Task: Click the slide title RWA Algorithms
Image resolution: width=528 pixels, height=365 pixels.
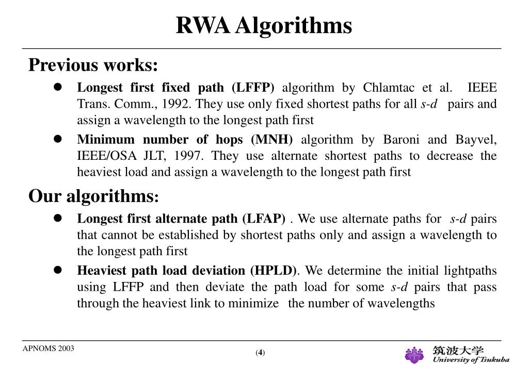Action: click(x=264, y=25)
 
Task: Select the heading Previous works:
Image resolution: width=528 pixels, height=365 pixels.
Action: click(x=93, y=65)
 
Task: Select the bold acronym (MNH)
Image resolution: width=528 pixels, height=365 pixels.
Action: click(x=271, y=140)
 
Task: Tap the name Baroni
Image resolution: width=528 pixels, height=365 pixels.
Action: click(x=400, y=140)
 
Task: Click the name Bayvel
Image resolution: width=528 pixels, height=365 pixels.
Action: click(x=476, y=140)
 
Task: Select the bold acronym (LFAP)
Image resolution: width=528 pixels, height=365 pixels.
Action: click(x=263, y=219)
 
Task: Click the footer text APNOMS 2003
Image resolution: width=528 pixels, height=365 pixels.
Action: click(x=48, y=349)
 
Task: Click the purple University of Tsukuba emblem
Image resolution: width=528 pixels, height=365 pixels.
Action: click(x=414, y=355)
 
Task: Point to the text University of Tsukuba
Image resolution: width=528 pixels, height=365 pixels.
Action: click(x=470, y=360)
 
